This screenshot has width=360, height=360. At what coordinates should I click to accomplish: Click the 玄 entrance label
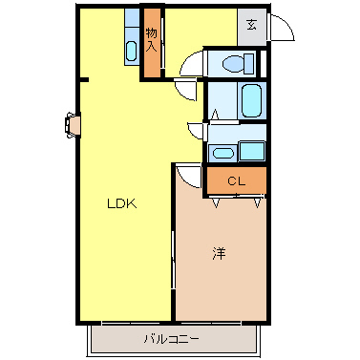(250, 27)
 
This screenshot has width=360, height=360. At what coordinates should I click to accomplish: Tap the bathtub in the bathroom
(251, 98)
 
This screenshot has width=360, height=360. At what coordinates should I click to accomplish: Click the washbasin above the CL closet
(222, 151)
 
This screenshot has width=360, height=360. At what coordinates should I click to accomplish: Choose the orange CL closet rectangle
(236, 180)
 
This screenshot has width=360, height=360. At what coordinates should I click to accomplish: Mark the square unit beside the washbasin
(253, 150)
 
